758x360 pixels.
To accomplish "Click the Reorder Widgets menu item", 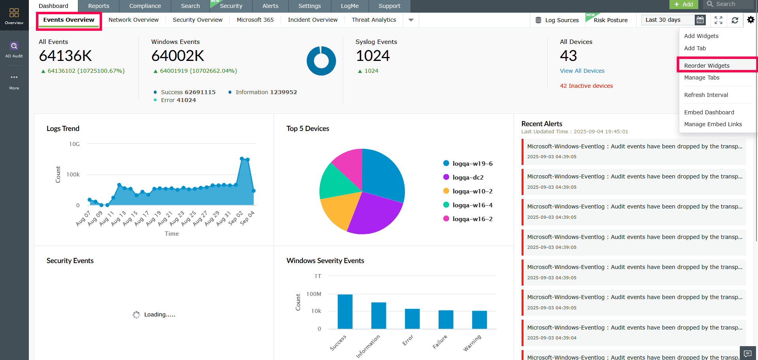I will [x=707, y=66].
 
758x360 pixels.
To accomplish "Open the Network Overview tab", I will [x=133, y=20].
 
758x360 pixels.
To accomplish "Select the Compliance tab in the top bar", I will [x=145, y=6].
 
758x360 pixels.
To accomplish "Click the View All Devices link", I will [x=582, y=71].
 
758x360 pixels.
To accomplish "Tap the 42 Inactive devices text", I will [x=586, y=86].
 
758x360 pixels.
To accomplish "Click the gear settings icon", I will [x=750, y=20].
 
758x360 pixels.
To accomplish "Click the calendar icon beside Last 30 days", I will [x=700, y=20].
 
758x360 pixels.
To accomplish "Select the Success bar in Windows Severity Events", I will [x=345, y=312].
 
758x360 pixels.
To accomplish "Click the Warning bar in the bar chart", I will [x=479, y=320].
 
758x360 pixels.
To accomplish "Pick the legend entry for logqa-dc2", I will [x=468, y=177].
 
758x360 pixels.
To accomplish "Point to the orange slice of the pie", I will [x=338, y=210].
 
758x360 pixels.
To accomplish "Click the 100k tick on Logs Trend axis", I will [x=73, y=174].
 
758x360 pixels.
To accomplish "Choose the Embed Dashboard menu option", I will [x=709, y=112].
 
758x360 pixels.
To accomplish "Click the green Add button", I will [x=684, y=4].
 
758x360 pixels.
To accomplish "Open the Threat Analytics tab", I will [x=374, y=20].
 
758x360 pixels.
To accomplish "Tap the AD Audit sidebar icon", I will [x=14, y=50].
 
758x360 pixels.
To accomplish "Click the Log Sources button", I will [x=557, y=20].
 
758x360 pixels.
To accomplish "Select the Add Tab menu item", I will [x=695, y=48].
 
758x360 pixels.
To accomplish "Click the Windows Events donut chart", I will [x=321, y=61].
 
